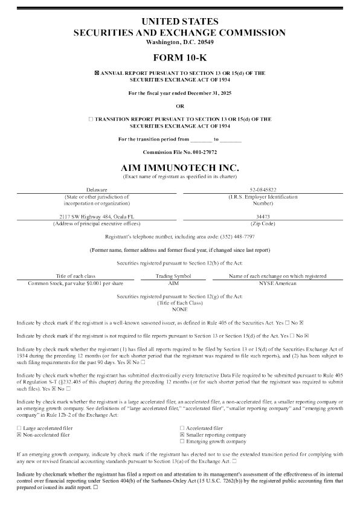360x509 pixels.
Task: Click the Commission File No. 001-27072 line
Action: [179, 152]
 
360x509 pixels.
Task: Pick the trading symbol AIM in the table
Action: [173, 282]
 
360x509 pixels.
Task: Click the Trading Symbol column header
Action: [173, 275]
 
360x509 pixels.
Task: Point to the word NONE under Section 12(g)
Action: [179, 308]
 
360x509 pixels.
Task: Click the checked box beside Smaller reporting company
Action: [182, 434]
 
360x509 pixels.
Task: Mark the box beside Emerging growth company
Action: [182, 441]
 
